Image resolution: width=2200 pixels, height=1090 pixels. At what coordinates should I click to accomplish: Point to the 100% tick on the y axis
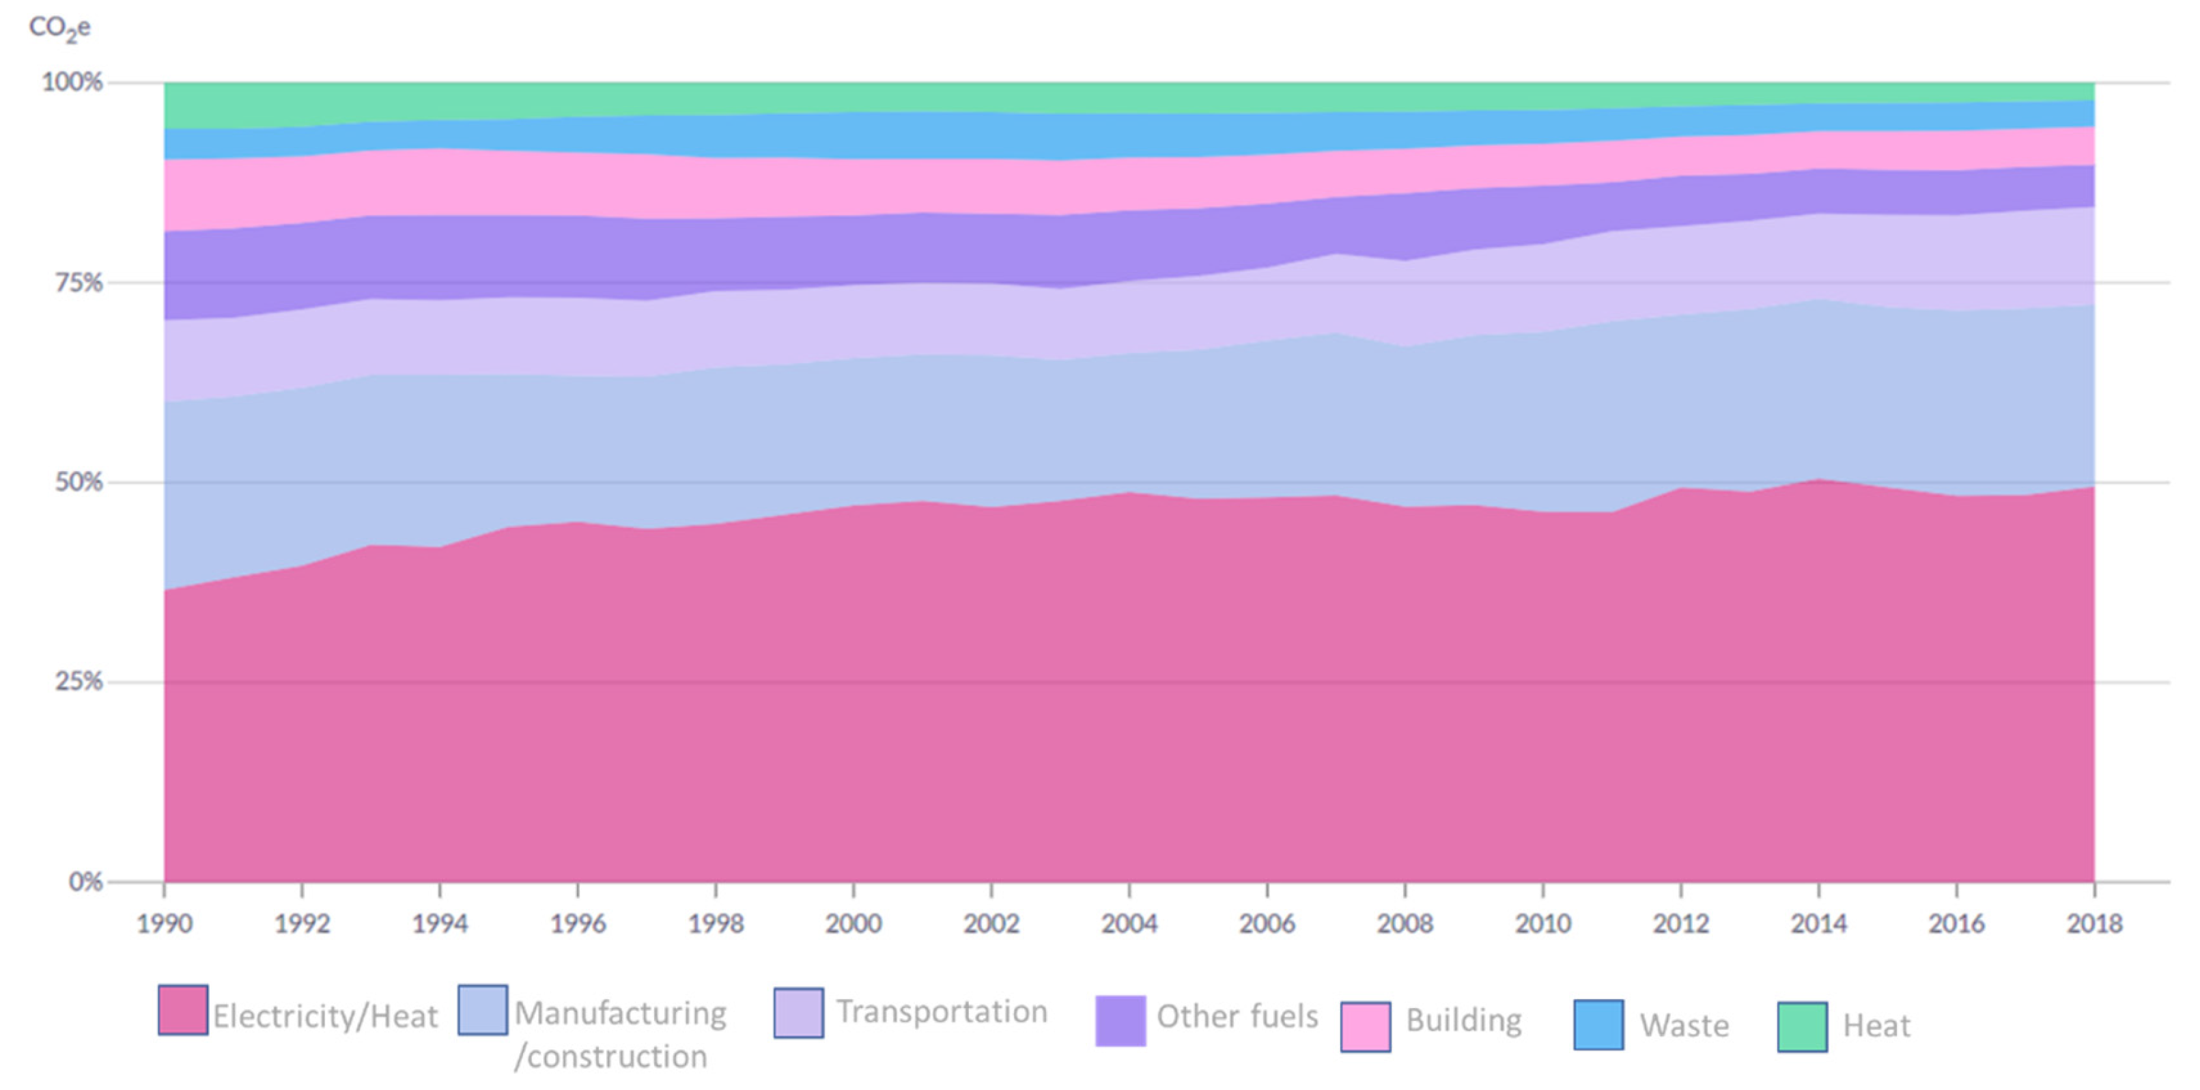click(72, 82)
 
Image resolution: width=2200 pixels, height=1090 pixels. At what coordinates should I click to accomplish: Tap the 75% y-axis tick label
click(79, 283)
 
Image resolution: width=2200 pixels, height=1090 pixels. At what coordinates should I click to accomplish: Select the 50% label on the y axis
click(79, 481)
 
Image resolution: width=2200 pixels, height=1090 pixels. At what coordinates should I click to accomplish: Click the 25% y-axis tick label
click(79, 682)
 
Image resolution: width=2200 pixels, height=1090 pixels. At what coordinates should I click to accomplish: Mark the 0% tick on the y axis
click(85, 882)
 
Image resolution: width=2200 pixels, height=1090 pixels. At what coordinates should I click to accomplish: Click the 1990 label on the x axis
click(164, 923)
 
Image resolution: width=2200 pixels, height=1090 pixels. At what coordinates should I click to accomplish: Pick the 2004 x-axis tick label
click(1129, 923)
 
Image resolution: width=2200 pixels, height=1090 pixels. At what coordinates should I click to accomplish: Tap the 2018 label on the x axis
click(2094, 923)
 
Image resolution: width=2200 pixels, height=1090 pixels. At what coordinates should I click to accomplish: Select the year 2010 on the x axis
click(1542, 923)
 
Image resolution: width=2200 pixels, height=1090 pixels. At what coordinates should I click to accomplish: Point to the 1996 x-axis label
click(578, 923)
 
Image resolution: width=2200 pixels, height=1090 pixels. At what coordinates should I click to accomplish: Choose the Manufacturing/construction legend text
click(620, 1035)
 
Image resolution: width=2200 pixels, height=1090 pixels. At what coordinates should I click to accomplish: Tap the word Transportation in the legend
click(941, 1011)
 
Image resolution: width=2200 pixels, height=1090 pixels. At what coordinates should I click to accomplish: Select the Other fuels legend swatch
click(1120, 1020)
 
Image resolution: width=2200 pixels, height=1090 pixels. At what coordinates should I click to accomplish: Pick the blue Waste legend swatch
click(1598, 1024)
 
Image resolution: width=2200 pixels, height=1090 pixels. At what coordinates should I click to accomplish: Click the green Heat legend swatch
click(1802, 1026)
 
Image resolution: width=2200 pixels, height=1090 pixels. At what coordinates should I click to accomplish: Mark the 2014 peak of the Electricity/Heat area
click(1819, 480)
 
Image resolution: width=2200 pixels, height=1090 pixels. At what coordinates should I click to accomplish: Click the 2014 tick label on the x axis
click(1818, 923)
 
